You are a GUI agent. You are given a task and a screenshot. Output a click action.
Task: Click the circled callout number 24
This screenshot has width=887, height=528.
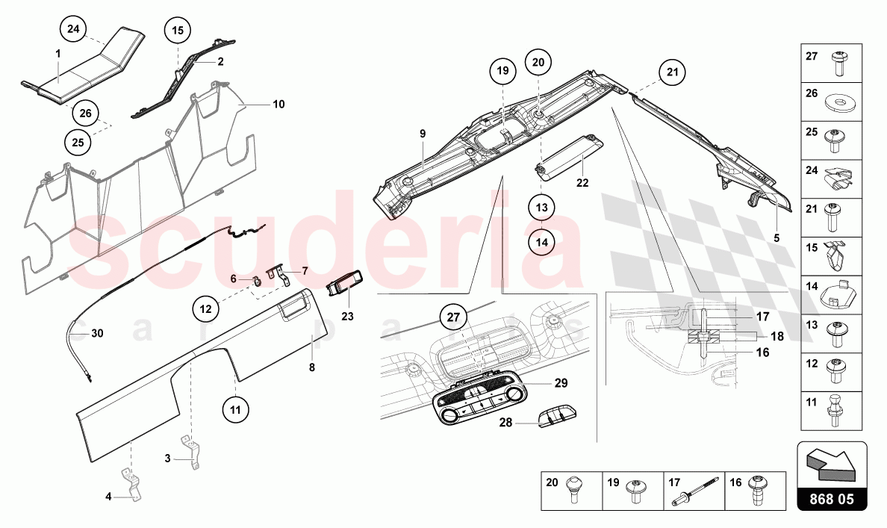tap(73, 28)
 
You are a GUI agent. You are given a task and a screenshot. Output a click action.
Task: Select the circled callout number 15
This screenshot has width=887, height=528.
tap(178, 30)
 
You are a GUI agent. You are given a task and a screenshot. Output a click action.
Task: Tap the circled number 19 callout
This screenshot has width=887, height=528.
tap(503, 71)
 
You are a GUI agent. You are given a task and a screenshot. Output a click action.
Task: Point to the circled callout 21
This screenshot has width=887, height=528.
tap(672, 72)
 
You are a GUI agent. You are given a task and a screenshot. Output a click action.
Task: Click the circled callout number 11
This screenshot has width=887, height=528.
tap(235, 410)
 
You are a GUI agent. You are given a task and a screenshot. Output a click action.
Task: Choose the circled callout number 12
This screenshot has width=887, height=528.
tap(205, 309)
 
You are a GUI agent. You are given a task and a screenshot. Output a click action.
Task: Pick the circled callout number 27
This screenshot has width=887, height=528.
tap(454, 317)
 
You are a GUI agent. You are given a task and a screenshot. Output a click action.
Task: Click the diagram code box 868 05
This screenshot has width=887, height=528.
tap(832, 499)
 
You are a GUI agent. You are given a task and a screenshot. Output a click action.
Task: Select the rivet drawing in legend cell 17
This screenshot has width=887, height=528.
tap(695, 491)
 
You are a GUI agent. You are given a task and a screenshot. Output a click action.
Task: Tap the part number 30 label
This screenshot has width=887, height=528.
tap(97, 333)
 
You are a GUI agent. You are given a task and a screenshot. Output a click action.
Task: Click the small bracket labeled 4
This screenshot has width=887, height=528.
tap(132, 485)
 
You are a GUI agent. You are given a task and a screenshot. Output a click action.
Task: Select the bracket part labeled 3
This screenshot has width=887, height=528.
tap(191, 452)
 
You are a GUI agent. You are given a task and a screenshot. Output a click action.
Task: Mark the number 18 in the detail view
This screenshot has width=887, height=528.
tap(777, 336)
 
